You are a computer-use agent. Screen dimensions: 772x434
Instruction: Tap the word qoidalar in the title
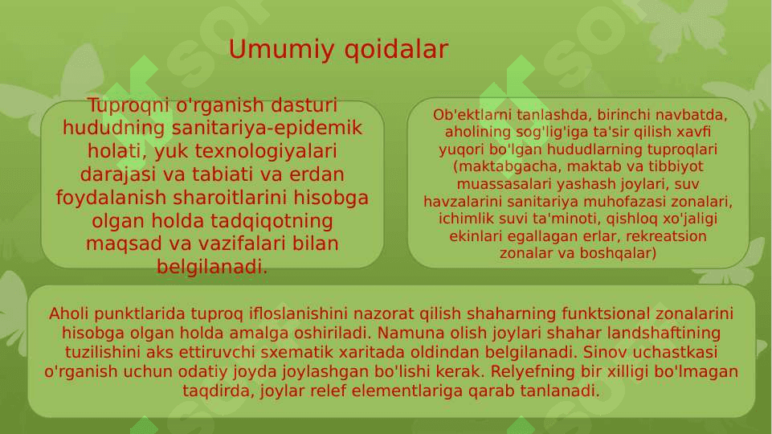tap(396, 50)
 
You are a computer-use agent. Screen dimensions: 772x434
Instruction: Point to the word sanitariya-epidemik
tap(267, 129)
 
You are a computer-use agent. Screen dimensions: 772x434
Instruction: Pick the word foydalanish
tap(112, 198)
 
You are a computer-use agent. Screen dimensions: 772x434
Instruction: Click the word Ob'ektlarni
tap(472, 115)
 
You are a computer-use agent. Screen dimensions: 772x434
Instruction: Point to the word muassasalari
tap(502, 184)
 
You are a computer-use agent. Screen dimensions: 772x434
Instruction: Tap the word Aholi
tap(68, 313)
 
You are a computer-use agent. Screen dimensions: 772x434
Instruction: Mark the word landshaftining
tap(664, 334)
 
